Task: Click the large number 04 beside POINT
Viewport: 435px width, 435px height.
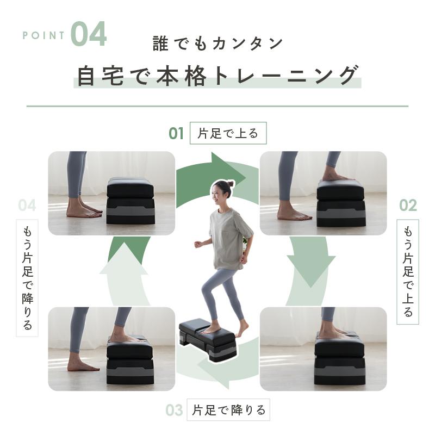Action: (88, 34)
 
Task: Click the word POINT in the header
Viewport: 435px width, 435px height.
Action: (44, 36)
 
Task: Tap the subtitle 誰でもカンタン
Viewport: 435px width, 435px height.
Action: (217, 43)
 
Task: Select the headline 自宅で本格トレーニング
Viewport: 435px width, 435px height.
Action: (217, 76)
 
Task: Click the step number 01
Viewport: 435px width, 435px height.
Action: (176, 133)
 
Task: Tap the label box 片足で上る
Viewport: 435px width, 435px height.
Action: (228, 133)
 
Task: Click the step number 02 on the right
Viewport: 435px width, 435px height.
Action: (408, 205)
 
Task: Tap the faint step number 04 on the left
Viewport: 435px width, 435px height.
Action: (27, 205)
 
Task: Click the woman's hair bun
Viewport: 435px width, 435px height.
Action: (231, 184)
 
